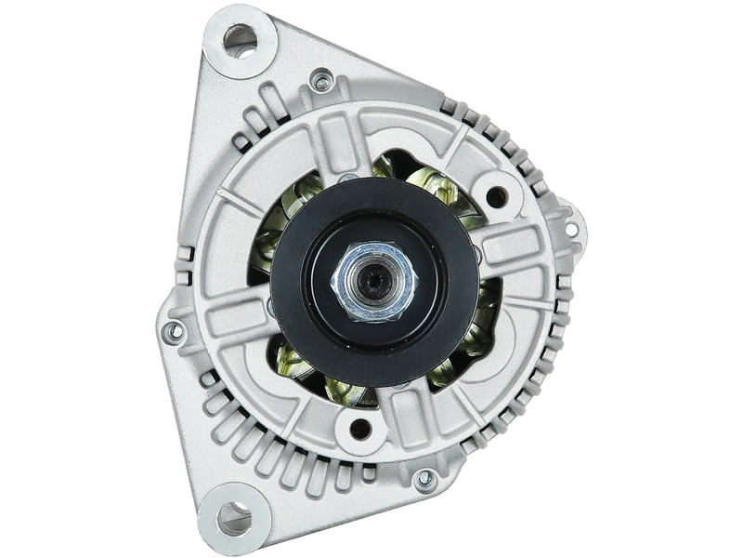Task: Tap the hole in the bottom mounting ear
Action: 236,516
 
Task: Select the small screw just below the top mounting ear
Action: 322,82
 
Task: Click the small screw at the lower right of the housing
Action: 424,479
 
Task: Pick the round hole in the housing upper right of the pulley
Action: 497,196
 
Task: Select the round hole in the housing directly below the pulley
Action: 360,429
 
